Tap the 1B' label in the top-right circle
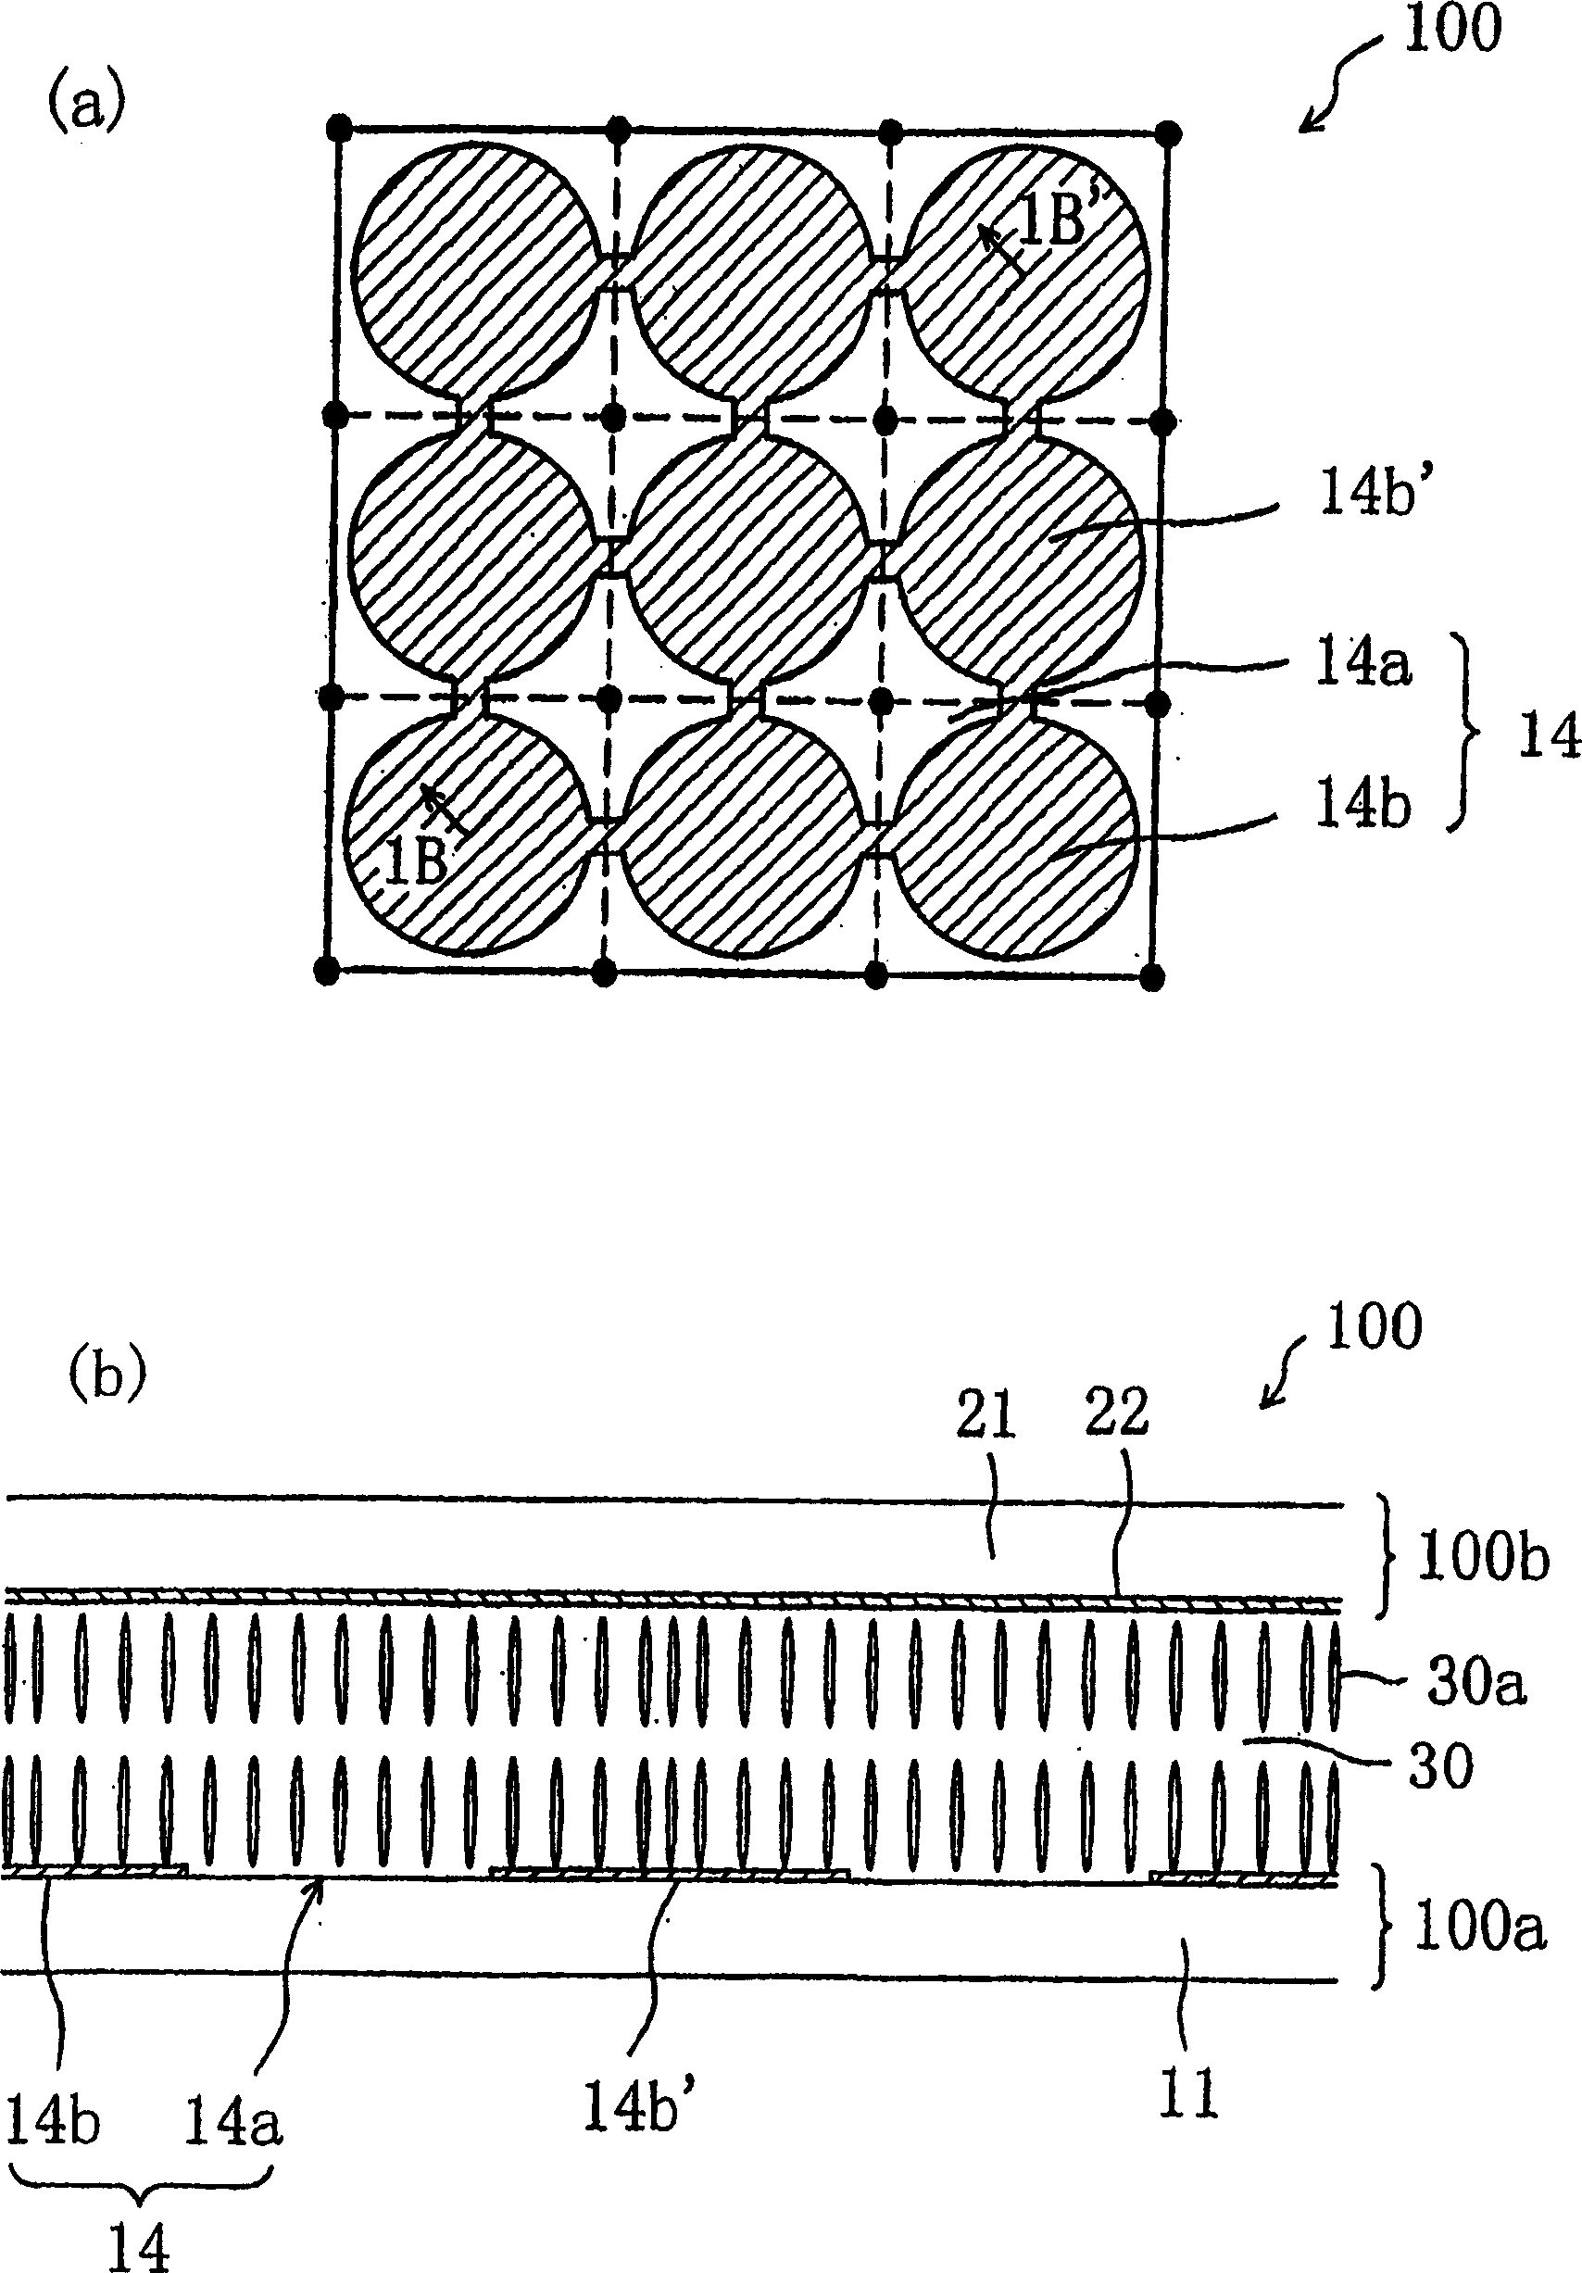[1052, 222]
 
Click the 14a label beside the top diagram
[1362, 665]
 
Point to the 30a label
[1476, 1683]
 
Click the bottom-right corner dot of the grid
[1150, 978]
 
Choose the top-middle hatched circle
[752, 272]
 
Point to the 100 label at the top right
[1452, 29]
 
